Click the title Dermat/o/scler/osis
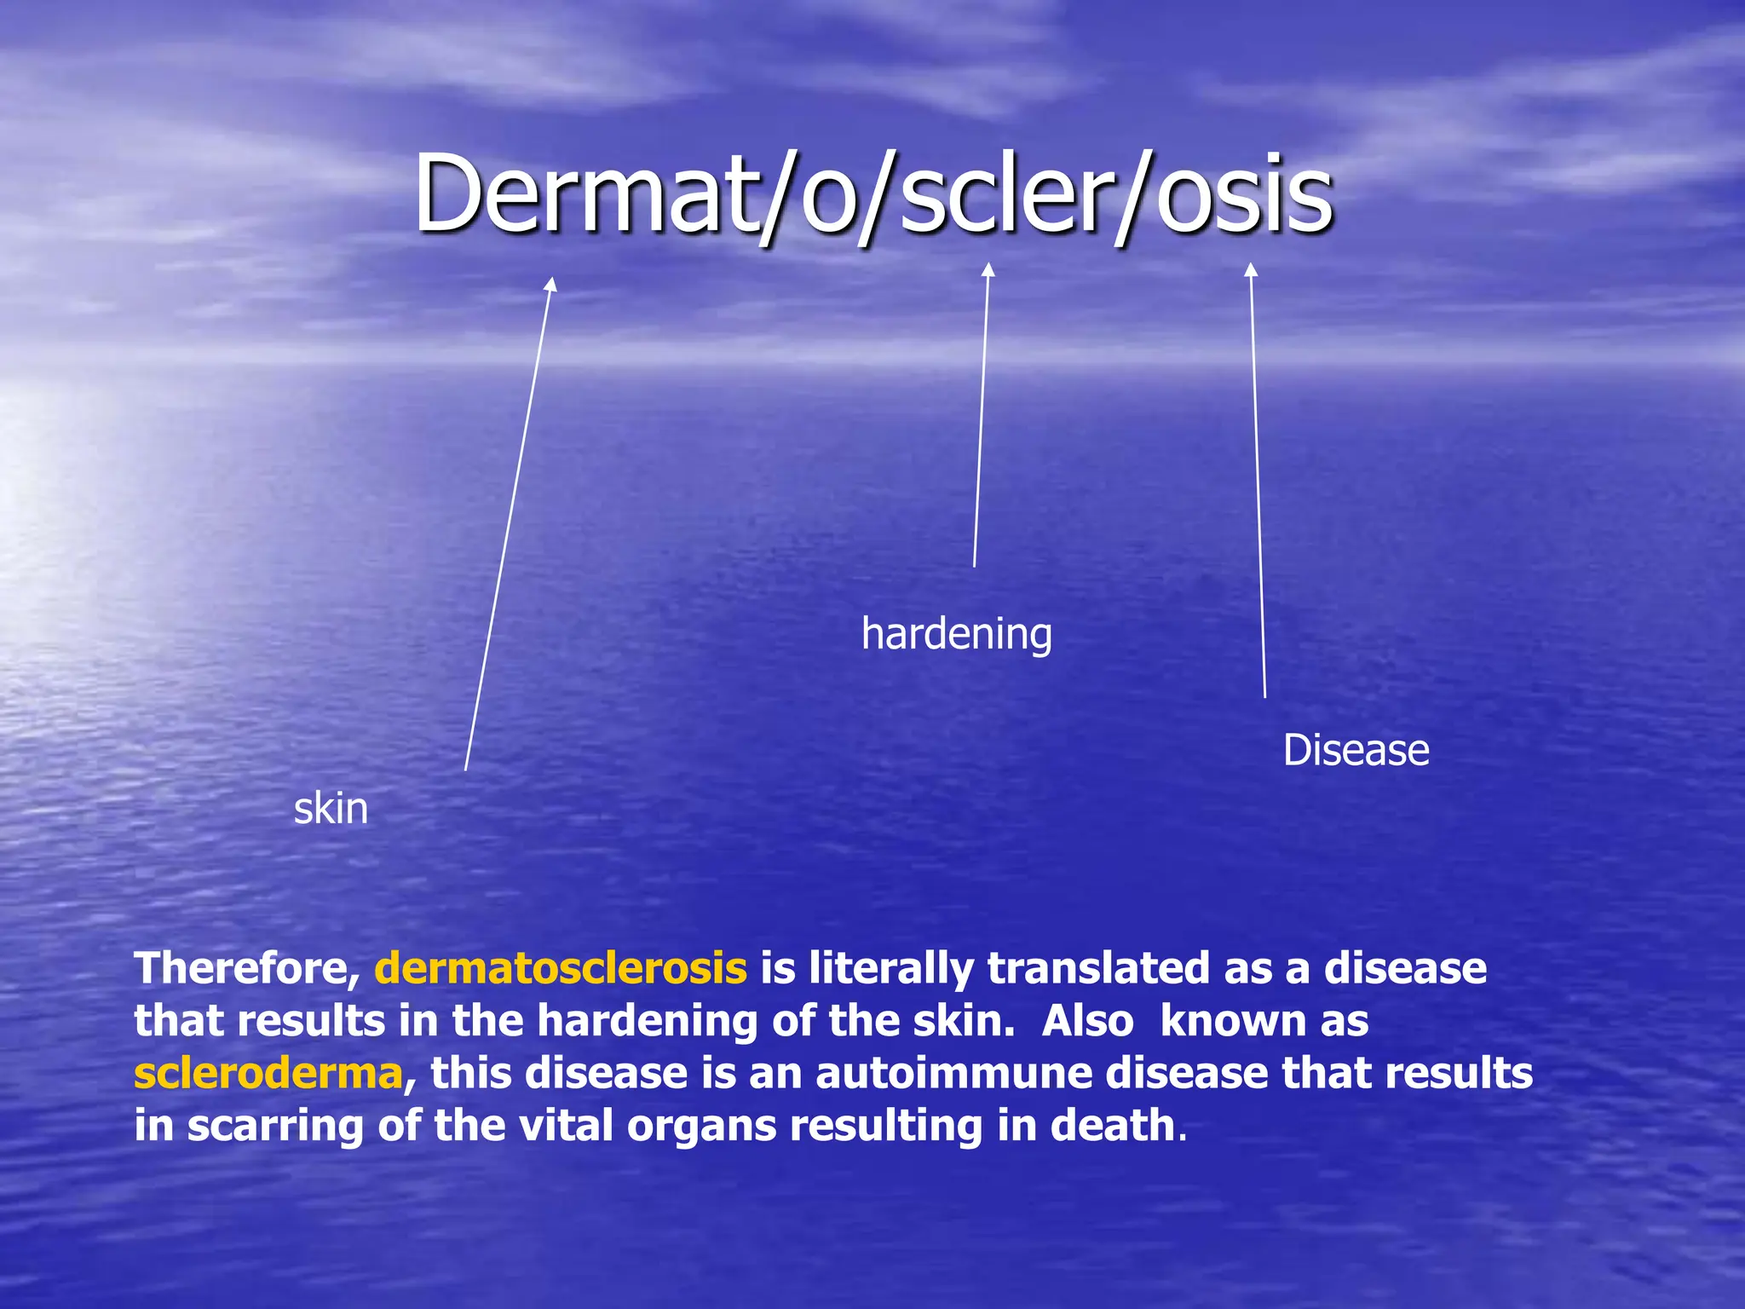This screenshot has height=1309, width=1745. [872, 194]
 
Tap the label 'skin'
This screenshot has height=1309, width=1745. [331, 809]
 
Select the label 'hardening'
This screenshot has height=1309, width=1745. [956, 635]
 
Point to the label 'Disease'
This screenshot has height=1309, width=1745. [1356, 751]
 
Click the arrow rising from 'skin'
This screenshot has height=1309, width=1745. [510, 524]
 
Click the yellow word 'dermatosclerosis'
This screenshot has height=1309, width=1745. [560, 969]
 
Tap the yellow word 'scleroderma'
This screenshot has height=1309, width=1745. [268, 1074]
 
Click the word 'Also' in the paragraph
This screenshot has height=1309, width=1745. [1087, 1022]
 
